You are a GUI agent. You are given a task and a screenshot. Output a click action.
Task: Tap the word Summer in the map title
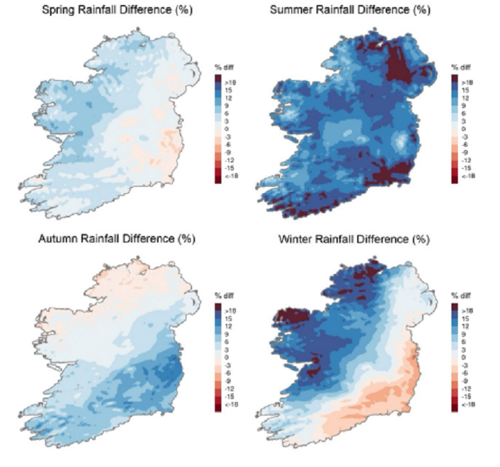coord(296,11)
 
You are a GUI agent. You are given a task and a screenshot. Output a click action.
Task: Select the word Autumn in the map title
coord(56,238)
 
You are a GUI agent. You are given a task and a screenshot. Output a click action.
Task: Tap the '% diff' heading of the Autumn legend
coord(226,295)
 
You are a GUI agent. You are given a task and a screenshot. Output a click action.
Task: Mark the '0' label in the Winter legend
coord(464,356)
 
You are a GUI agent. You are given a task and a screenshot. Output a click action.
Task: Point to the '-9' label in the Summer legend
coord(466,152)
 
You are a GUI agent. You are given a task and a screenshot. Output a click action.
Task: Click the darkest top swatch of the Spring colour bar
coord(218,78)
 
